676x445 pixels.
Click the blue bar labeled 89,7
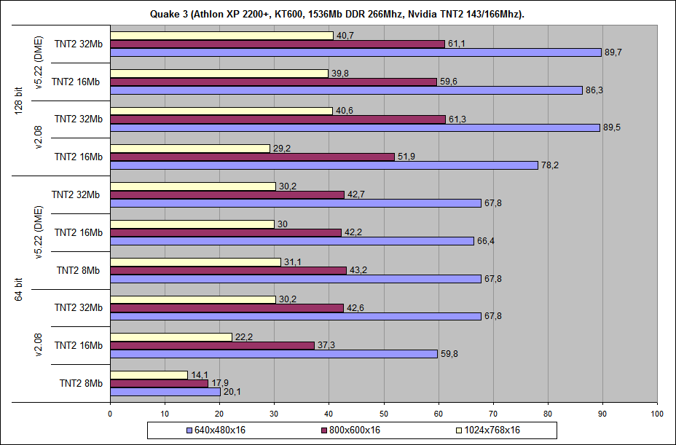click(x=355, y=52)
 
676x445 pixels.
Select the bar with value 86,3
click(x=346, y=90)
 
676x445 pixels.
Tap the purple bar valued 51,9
click(x=252, y=157)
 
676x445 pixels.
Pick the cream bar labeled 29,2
click(x=190, y=148)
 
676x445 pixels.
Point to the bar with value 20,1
click(x=165, y=392)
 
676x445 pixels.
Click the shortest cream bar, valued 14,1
click(x=149, y=375)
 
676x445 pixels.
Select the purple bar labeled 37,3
click(x=212, y=345)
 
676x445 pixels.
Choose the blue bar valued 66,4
click(x=291, y=241)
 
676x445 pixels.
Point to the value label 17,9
click(x=219, y=383)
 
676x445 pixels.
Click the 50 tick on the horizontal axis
click(x=384, y=414)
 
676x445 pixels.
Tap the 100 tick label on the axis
click(x=657, y=414)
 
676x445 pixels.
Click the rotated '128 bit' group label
click(x=19, y=100)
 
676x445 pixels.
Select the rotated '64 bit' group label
click(x=19, y=288)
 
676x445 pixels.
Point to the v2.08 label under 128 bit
click(x=38, y=138)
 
